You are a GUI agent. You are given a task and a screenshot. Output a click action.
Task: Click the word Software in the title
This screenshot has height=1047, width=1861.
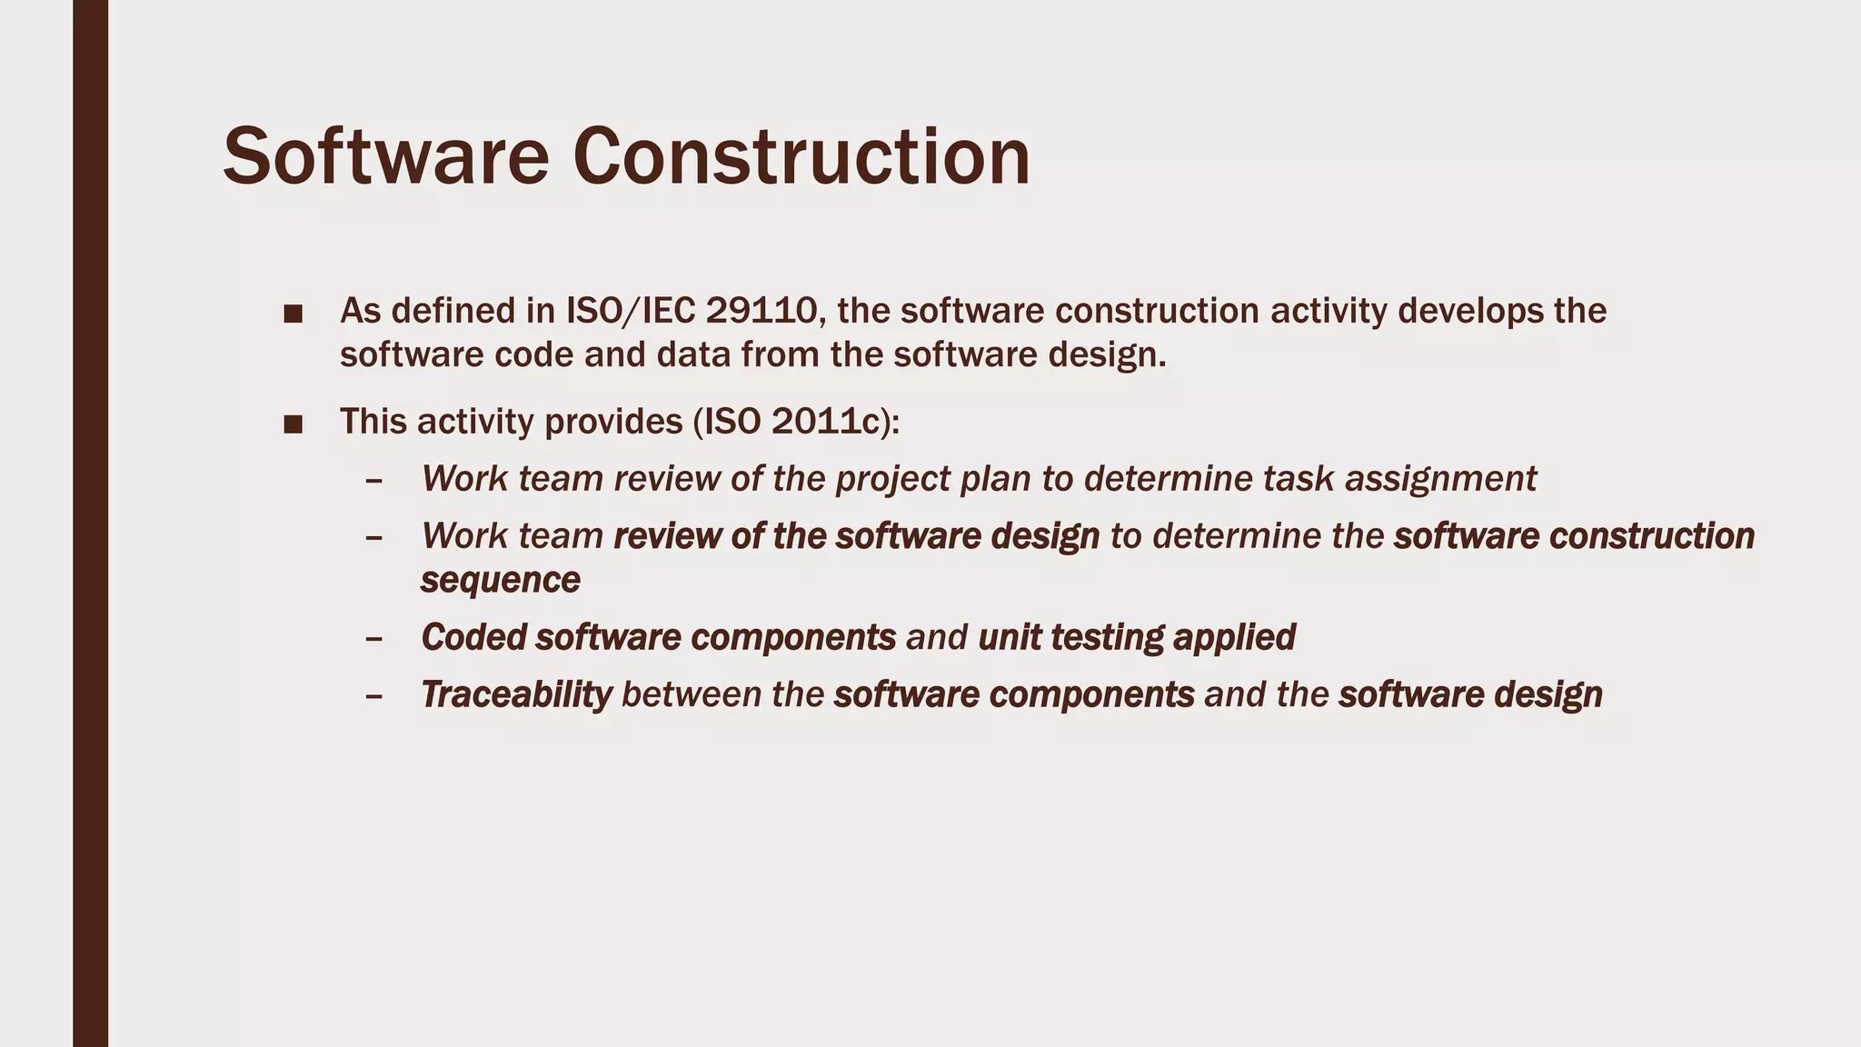pos(385,157)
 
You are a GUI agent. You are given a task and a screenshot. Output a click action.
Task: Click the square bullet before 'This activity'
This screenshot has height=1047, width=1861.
pos(293,424)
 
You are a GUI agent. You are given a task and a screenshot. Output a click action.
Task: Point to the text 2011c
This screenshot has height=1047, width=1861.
pos(827,422)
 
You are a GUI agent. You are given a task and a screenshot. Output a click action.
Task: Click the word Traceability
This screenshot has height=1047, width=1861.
pos(516,694)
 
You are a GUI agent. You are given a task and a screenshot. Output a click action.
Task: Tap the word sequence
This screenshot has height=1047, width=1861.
pos(500,580)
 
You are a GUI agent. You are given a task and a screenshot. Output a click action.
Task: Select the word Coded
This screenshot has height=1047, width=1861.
pos(473,637)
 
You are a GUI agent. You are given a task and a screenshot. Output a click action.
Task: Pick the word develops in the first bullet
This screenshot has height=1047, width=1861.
pos(1469,311)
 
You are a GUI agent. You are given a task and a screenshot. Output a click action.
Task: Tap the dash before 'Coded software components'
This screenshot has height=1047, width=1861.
pos(373,639)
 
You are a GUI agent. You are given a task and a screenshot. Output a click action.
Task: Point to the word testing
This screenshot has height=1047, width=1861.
pos(1106,637)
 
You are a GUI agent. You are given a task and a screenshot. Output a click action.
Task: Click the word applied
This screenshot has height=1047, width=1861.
pos(1234,637)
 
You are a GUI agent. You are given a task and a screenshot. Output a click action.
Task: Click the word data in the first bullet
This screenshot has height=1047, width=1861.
pos(689,354)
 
